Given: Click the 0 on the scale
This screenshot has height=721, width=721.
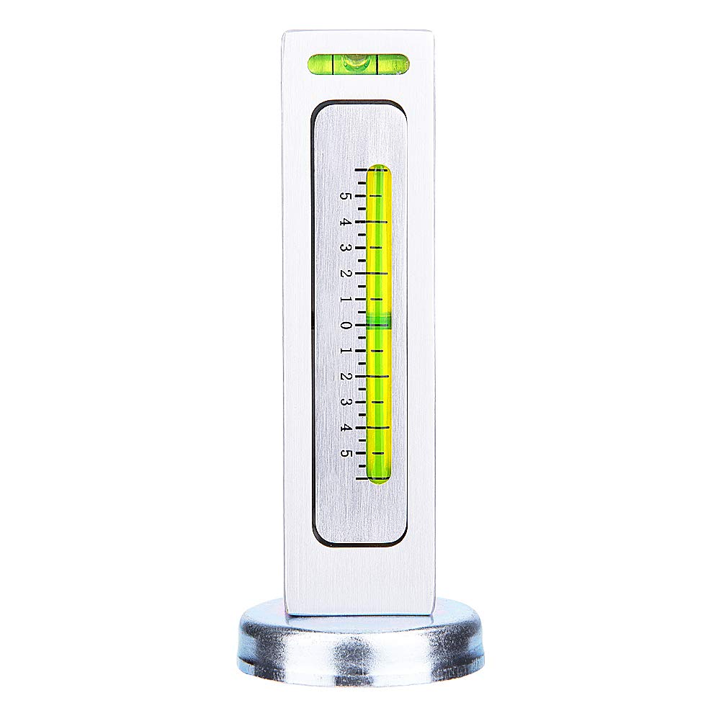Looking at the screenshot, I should click(346, 326).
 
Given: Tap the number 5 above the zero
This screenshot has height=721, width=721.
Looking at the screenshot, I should click(346, 196).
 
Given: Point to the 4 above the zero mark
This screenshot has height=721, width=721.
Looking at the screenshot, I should click(346, 222).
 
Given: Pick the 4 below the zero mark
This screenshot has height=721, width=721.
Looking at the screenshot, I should click(346, 428).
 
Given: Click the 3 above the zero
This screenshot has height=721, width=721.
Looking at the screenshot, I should click(346, 248).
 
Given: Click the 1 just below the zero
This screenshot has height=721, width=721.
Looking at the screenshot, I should click(346, 351).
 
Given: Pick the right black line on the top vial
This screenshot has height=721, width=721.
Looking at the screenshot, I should click(377, 64).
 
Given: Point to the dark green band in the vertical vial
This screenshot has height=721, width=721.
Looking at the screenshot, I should click(379, 321).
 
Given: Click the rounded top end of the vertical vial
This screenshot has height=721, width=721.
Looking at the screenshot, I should click(379, 170).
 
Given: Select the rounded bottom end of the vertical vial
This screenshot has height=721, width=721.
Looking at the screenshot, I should click(379, 477).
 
